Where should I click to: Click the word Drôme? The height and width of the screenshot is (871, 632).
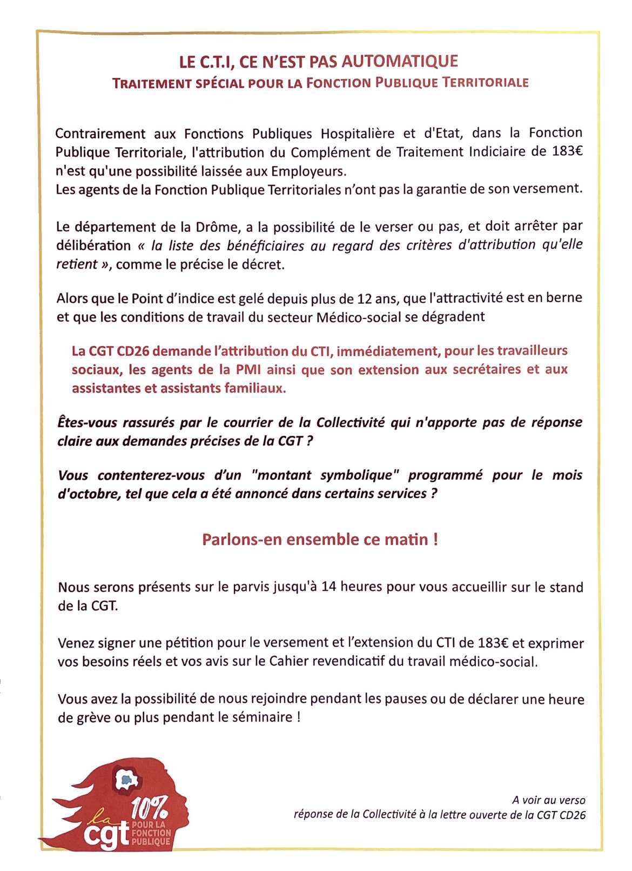pos(183,226)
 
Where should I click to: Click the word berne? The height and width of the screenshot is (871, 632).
pos(567,298)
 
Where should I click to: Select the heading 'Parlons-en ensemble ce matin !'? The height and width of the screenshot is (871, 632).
pos(320,540)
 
